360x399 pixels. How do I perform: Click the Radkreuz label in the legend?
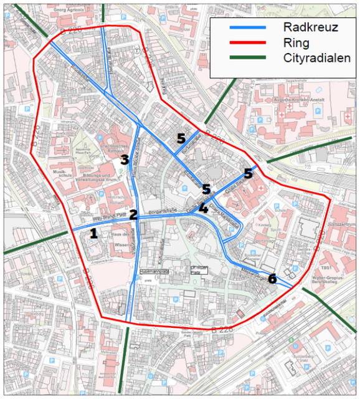click(309, 28)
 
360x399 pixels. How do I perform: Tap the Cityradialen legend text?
click(316, 58)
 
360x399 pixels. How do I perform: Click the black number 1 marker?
click(93, 234)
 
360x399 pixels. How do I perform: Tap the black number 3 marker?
click(125, 160)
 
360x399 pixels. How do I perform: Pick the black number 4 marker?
click(204, 209)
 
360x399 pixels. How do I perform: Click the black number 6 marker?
click(272, 279)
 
